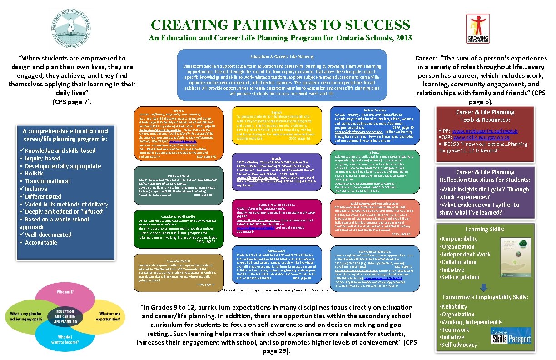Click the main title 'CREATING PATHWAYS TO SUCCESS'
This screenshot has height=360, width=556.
point(280,25)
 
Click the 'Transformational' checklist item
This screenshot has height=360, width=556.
point(47,181)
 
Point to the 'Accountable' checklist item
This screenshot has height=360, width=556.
point(41,242)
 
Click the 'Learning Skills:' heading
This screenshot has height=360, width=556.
point(484,230)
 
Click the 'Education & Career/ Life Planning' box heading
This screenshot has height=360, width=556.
point(282,57)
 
